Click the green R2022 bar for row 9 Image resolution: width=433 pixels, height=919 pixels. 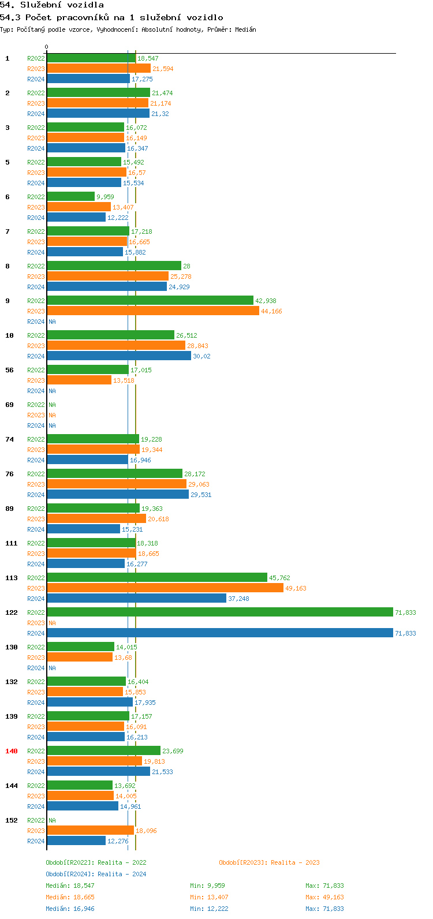click(150, 300)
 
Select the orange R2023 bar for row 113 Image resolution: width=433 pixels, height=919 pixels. click(165, 588)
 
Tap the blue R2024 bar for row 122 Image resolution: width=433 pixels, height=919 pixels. click(219, 633)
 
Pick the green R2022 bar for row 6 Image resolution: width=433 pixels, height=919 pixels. click(70, 196)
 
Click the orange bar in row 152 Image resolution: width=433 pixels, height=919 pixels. click(90, 830)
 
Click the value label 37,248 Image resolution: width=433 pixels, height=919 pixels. click(238, 599)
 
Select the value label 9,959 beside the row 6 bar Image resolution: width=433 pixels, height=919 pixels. click(105, 197)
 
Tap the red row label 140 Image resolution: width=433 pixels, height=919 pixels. click(12, 751)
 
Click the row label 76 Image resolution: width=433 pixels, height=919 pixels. click(9, 474)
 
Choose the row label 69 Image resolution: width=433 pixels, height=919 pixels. click(9, 405)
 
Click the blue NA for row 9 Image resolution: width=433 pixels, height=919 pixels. click(52, 322)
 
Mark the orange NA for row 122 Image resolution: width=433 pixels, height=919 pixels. click(52, 623)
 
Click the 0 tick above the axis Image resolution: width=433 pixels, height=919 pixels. click(47, 47)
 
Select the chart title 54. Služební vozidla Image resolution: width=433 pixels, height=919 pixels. click(52, 5)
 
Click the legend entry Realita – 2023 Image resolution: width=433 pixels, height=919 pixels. click(269, 862)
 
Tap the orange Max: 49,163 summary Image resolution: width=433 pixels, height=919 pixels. click(324, 897)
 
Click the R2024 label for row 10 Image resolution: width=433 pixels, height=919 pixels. click(36, 356)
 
